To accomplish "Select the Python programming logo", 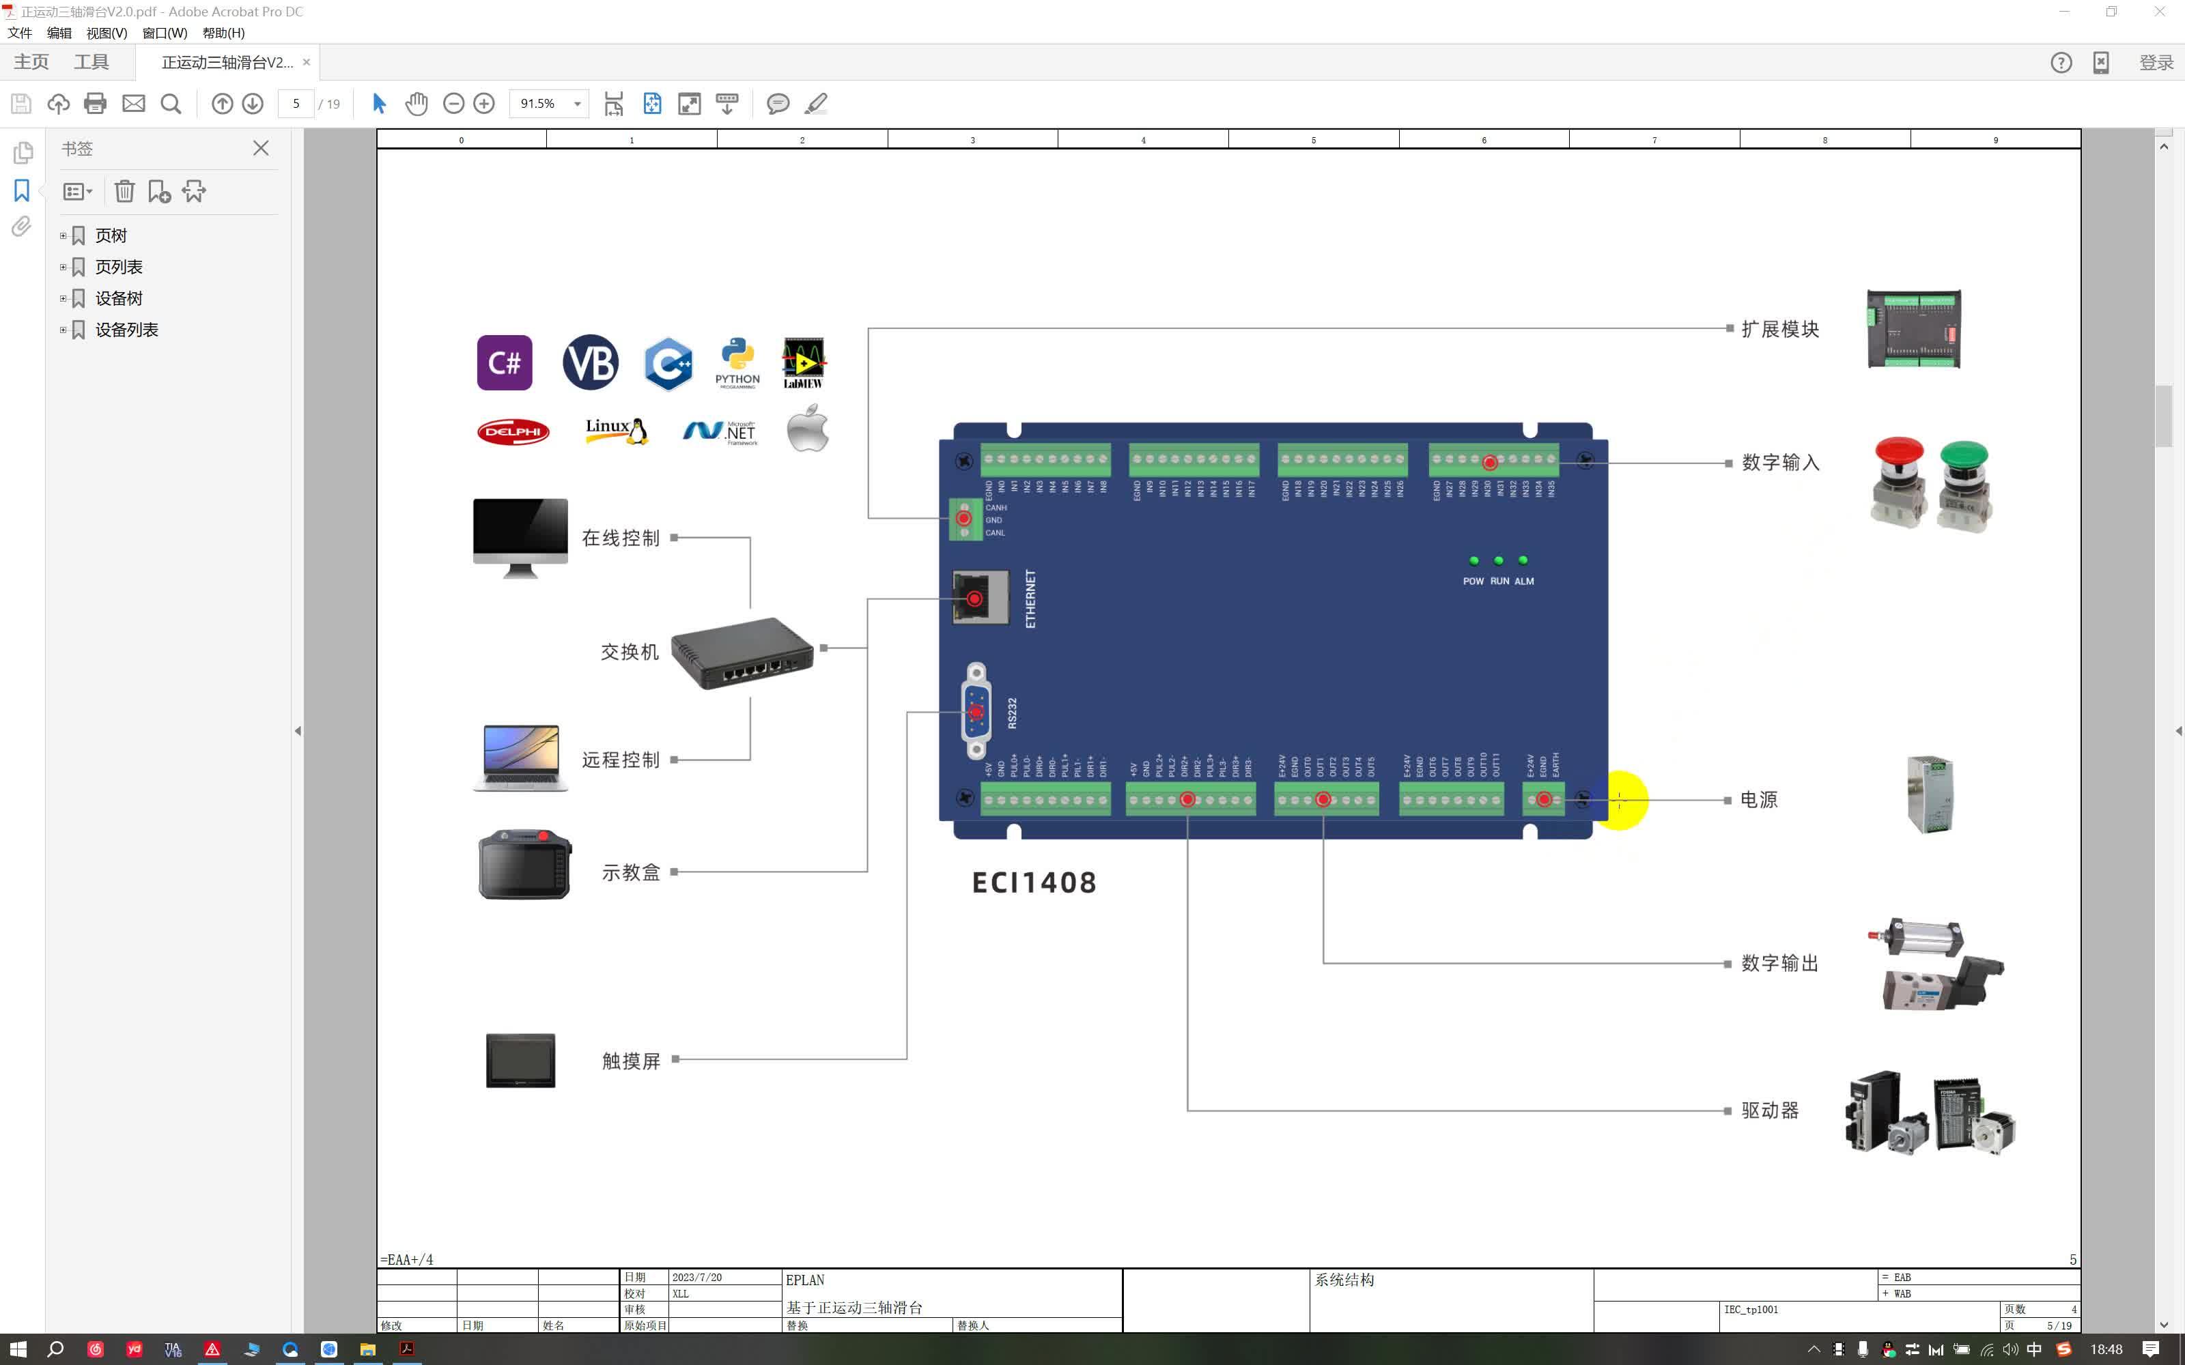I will (x=737, y=362).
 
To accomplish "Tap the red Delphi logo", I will (x=513, y=431).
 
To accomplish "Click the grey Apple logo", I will (x=807, y=429).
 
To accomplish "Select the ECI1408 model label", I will (x=1034, y=882).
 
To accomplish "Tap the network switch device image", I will (x=742, y=652).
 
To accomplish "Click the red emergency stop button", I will (x=1898, y=481).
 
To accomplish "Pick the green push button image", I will (x=1963, y=484).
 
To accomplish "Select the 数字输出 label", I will (x=1779, y=963).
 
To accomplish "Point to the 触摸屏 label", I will (x=631, y=1061).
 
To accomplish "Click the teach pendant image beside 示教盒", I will (x=524, y=865).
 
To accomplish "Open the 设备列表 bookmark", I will (x=126, y=330).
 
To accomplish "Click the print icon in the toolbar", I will (x=95, y=104).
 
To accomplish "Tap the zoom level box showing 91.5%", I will (x=540, y=104).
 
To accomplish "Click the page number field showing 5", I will (x=296, y=104).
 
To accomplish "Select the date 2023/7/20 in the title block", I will (x=696, y=1278).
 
